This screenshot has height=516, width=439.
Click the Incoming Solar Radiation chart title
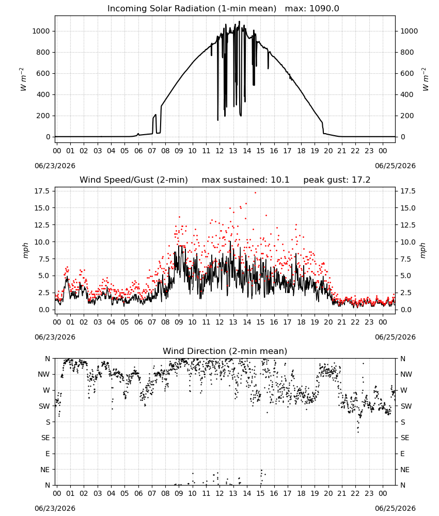(x=192, y=9)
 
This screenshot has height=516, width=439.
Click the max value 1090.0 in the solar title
(x=324, y=9)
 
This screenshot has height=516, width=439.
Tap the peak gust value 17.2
(x=359, y=180)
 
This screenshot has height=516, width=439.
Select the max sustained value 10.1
(x=280, y=180)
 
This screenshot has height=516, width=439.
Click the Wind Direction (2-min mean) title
(x=225, y=351)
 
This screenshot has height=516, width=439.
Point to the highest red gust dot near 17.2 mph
(x=255, y=193)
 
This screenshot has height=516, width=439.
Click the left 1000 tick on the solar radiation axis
(x=41, y=31)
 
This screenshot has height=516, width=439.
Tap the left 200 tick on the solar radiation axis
(x=43, y=116)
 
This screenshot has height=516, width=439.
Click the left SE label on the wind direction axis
(x=45, y=438)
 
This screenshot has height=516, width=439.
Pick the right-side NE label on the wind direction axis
(x=405, y=470)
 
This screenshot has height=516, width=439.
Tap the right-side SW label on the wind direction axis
(x=406, y=407)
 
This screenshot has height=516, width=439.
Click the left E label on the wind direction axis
(x=48, y=454)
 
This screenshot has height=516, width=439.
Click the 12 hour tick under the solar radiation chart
(x=219, y=151)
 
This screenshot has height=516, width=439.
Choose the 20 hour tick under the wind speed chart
(x=328, y=322)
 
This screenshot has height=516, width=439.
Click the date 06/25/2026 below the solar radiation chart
(x=395, y=166)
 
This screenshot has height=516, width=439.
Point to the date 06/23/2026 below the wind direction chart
(x=55, y=508)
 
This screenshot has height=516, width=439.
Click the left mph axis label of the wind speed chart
(x=26, y=250)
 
